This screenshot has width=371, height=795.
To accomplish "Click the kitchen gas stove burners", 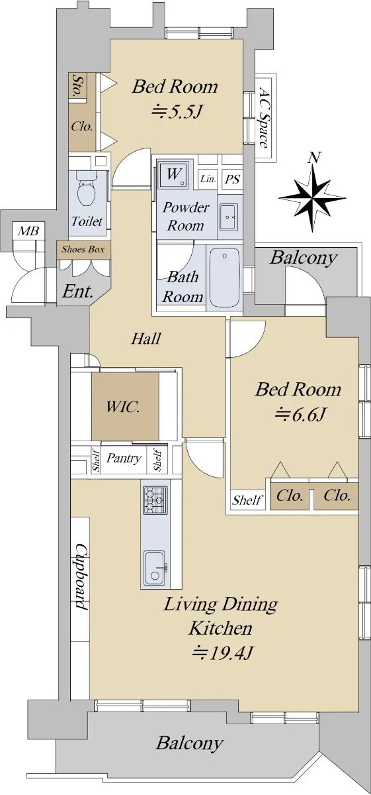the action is (x=155, y=500).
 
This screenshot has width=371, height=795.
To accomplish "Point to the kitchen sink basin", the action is (x=155, y=568).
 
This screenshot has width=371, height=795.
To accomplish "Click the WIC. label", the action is (x=123, y=407).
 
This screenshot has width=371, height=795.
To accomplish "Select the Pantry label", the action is (x=124, y=458).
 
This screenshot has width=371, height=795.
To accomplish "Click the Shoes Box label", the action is (x=83, y=249).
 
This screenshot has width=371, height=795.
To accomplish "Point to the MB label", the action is (x=28, y=231).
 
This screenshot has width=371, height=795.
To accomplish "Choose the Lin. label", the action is (x=208, y=178).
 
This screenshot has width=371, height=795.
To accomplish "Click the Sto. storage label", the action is (x=76, y=85).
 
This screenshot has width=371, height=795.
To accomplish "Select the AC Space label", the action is (x=263, y=117).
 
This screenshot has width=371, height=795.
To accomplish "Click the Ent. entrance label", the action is (x=77, y=291).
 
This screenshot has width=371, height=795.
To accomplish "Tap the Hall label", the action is (x=146, y=339).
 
